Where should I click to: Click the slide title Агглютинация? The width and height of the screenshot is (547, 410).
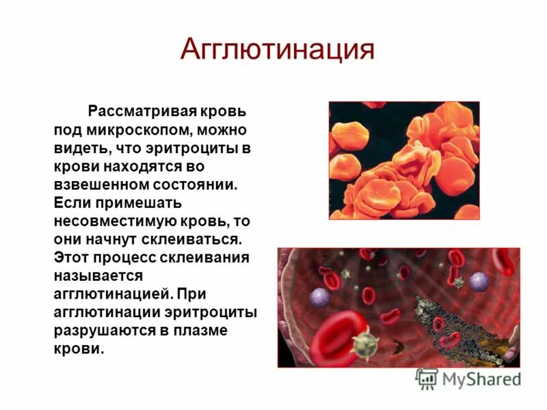point(277,50)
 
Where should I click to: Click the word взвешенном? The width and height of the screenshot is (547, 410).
point(100,184)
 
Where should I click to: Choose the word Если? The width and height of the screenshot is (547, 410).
point(72,203)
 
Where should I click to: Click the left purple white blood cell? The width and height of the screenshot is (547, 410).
point(319,297)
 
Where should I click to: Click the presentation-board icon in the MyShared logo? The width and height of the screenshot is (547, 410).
point(427,379)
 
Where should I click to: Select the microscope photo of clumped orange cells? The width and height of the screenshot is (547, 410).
point(404,161)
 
